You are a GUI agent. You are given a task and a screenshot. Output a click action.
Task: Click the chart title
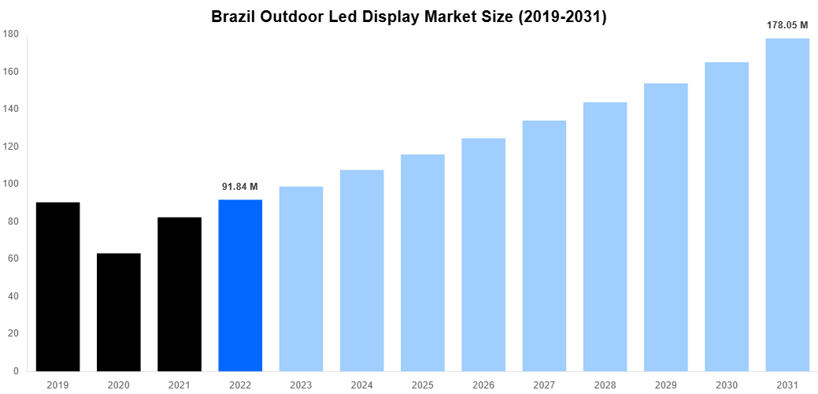tap(409, 17)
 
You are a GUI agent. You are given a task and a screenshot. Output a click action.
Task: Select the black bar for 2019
tap(57, 287)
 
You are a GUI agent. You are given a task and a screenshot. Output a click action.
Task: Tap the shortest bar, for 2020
tap(118, 312)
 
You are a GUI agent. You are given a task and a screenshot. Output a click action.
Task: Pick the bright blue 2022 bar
tap(240, 285)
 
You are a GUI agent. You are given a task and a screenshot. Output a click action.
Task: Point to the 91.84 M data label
tap(240, 187)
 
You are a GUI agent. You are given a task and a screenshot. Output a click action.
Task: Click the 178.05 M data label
tap(787, 25)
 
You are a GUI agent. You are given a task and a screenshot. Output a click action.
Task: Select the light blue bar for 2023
tap(301, 279)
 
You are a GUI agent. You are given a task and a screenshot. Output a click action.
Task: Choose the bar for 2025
tap(423, 262)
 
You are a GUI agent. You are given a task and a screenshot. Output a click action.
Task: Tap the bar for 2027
tap(544, 246)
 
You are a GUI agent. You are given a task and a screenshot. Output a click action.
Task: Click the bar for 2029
tap(666, 227)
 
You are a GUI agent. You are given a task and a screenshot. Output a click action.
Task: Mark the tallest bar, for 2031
tap(787, 205)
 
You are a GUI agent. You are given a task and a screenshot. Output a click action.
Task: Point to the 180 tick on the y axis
tap(11, 34)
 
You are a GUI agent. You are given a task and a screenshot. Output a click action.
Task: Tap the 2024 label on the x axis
tap(361, 385)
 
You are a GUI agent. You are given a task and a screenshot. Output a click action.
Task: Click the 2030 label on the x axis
tap(727, 385)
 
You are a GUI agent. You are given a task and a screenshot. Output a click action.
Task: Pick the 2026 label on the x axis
tap(483, 385)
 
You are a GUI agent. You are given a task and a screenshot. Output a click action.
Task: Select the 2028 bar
tap(605, 236)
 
